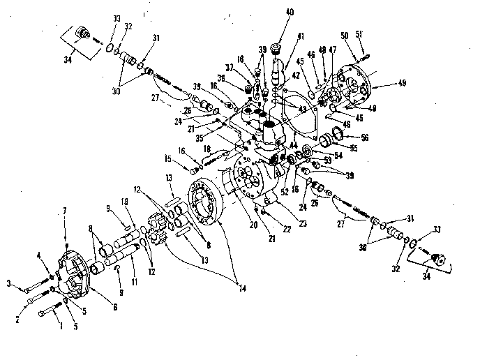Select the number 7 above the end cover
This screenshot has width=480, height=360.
coord(66,210)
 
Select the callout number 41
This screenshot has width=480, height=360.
coord(300,36)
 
